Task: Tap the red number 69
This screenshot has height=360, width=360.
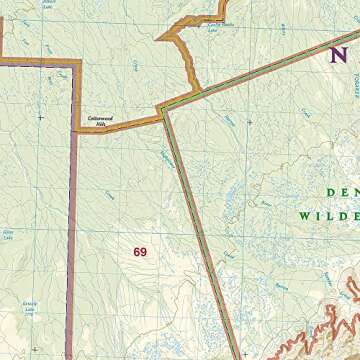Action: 139,252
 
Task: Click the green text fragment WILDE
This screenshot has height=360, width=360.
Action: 326,215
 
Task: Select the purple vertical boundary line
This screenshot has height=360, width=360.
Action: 72,240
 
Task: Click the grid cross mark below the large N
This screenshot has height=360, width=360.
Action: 249,122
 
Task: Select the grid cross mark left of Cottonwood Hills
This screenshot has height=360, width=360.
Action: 40,118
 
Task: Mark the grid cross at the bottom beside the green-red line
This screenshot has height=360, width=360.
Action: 243,353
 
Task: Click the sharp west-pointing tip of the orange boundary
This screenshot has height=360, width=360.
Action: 157,39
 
